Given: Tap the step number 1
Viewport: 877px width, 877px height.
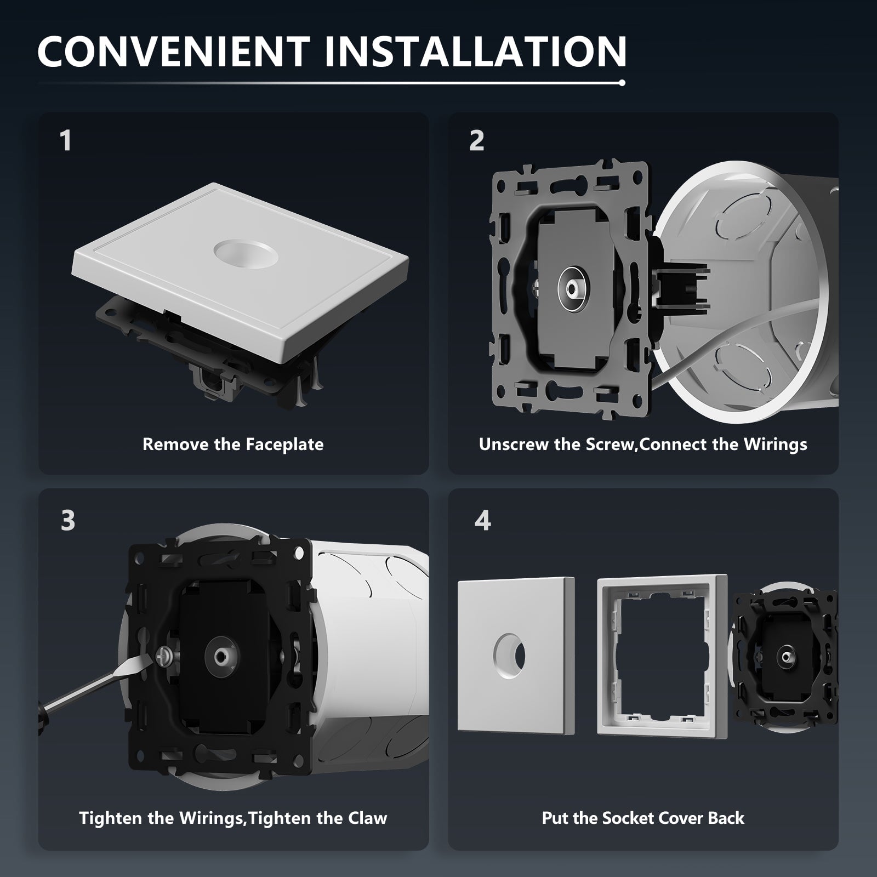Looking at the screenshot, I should tap(66, 140).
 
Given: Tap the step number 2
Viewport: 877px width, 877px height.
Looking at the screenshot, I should tap(476, 140).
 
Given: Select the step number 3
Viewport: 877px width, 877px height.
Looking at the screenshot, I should tap(67, 520).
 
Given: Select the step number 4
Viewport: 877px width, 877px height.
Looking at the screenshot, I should tap(482, 520).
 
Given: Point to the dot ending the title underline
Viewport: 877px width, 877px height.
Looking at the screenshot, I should tap(622, 83).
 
